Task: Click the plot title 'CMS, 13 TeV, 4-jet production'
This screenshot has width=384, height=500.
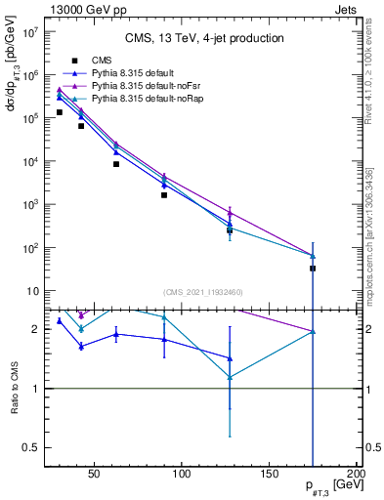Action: point(204,39)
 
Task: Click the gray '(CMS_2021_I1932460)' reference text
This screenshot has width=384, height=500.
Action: point(204,291)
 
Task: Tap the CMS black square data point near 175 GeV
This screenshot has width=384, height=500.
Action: point(313,268)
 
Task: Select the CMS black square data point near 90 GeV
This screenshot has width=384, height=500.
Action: point(164,195)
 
